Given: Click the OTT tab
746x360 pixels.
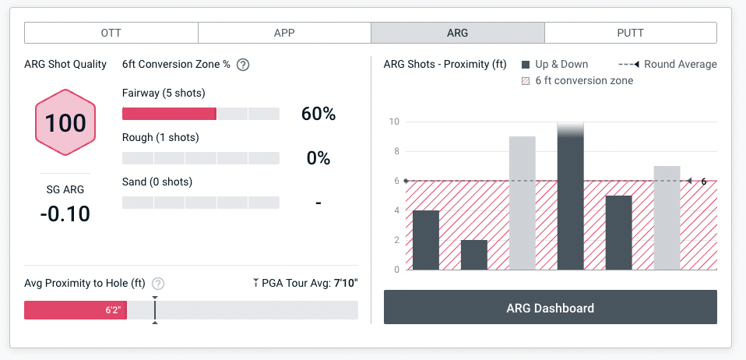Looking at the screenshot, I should (111, 33).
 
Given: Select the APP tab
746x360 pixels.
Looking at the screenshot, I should (284, 33).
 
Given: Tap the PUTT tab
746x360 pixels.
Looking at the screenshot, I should (630, 33).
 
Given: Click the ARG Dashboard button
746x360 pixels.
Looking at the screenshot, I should (550, 308).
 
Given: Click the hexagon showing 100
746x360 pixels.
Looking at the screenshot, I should (65, 123).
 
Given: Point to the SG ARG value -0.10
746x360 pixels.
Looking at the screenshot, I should (65, 213).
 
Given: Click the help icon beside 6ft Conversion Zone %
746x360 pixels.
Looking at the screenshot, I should (243, 65).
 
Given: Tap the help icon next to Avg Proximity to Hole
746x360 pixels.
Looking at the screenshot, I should (158, 284).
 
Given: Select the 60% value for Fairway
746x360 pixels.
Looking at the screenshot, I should (318, 114).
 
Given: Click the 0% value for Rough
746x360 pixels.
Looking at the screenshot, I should (318, 158).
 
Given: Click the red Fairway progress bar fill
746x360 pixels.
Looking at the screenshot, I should (169, 114).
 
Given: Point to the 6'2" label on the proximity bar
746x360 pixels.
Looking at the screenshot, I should (113, 310).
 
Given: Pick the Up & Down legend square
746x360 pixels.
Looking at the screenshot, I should (526, 65).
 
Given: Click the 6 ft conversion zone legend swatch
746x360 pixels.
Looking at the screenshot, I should (526, 81).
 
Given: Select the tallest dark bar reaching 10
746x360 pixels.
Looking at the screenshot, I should (570, 199).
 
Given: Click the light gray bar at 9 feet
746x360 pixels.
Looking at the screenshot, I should (522, 203).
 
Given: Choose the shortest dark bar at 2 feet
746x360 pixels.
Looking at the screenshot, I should (473, 255).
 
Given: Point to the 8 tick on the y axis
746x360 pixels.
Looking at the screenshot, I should (396, 151).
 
